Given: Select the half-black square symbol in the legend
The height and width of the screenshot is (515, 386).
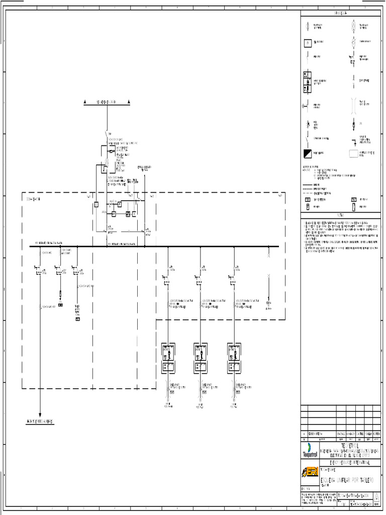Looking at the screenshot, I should tap(307, 153).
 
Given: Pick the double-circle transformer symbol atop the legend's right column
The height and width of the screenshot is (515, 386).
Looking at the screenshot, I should tap(353, 25).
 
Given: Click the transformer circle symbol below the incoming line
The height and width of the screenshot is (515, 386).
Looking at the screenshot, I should tap(107, 162).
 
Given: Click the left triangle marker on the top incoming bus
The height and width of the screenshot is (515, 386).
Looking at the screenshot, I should tap(85, 102).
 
